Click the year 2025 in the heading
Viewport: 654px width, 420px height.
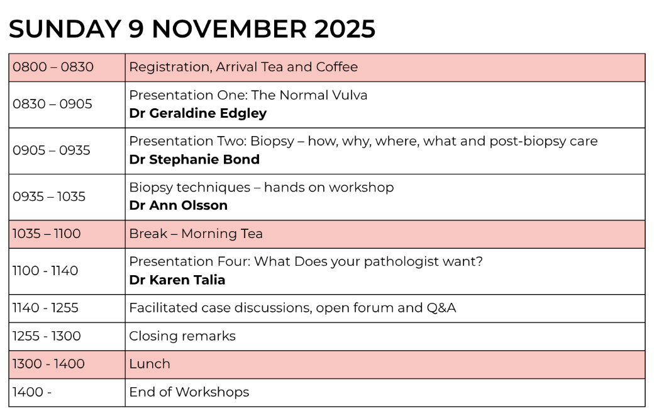345,29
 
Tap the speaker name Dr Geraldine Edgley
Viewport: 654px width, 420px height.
197,113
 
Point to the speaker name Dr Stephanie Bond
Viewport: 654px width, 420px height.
194,159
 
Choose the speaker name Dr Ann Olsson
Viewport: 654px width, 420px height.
179,205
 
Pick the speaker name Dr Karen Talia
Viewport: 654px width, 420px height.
177,280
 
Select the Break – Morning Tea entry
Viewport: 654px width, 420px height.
196,234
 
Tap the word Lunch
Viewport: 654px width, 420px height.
150,364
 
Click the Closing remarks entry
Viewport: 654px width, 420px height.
182,336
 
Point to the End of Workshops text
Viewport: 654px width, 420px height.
189,392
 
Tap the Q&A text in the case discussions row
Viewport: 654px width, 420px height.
441,308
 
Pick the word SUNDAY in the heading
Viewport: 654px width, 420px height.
65,29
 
